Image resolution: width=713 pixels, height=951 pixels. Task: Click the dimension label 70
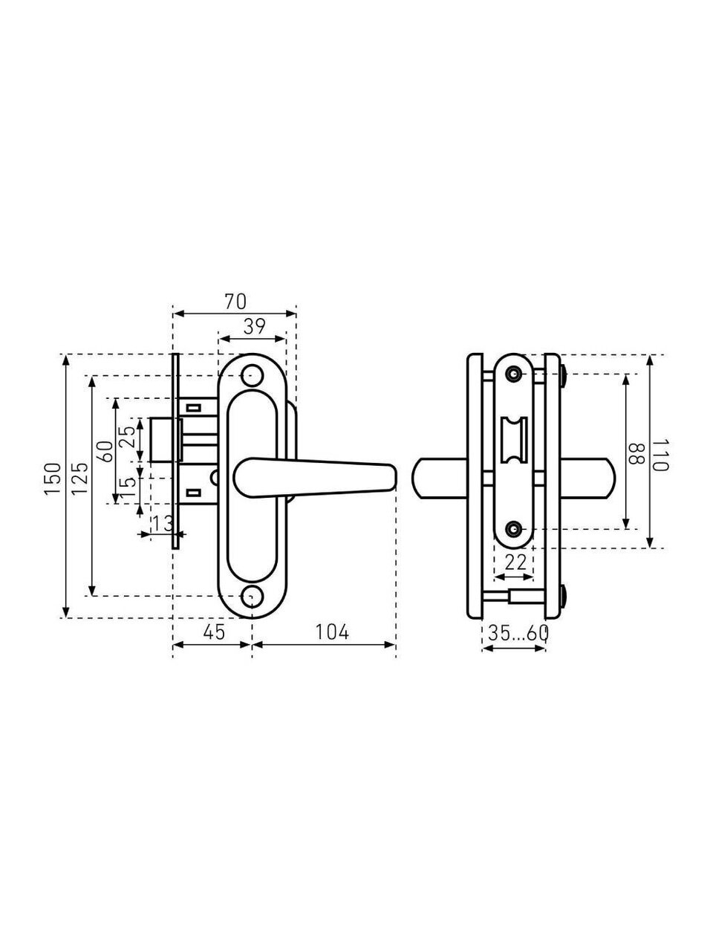pyautogui.click(x=235, y=302)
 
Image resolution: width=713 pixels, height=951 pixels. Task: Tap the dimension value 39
pyautogui.click(x=254, y=327)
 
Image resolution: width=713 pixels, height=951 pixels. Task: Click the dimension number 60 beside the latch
pyautogui.click(x=105, y=452)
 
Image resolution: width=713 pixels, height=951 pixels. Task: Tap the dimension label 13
pyautogui.click(x=162, y=525)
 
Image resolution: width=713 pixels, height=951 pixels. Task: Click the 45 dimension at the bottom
pyautogui.click(x=213, y=632)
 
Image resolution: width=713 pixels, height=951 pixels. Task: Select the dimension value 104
pyautogui.click(x=331, y=632)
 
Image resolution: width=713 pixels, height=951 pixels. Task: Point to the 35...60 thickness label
pyautogui.click(x=518, y=634)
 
